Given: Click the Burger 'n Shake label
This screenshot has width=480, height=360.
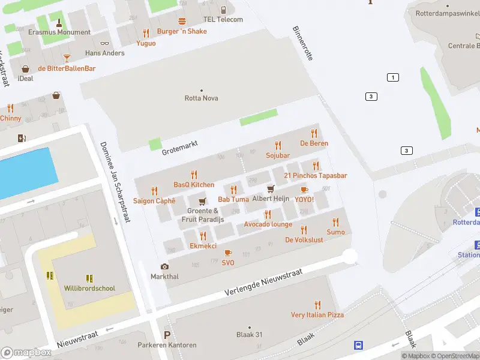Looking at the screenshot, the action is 181,31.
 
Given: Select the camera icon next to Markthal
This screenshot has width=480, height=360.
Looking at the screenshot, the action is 164,266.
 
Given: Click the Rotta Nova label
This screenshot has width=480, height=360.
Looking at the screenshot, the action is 201,98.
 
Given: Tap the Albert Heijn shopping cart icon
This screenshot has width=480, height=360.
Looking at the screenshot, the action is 271,189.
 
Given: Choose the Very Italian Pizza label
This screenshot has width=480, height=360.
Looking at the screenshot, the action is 317,314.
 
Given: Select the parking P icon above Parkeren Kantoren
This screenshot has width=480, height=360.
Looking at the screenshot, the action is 167,335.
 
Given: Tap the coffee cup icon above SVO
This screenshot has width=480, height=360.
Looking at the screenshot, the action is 228,253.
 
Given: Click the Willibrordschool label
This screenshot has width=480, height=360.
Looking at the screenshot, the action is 89,288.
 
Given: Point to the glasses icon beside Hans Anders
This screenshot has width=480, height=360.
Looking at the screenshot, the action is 105,43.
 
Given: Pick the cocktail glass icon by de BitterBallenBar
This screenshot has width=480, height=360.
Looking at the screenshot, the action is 66,58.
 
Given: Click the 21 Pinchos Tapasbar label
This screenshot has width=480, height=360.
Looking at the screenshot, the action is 315,175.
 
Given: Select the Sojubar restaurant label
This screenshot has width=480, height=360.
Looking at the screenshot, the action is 278,155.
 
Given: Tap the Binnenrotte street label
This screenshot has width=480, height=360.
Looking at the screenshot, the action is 302,43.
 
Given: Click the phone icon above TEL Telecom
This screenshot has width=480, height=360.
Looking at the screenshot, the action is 223,10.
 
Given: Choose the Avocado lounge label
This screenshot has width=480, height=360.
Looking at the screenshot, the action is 268,224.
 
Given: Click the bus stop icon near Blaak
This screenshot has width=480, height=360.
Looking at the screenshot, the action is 358,345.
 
